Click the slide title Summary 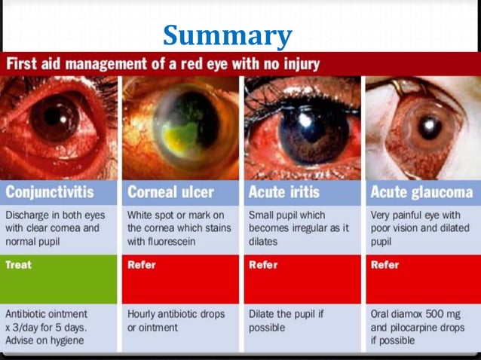click(227, 35)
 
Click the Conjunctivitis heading click(54, 191)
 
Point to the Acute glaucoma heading click(421, 191)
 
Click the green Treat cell click(18, 264)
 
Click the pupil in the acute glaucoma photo click(430, 126)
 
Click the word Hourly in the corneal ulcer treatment click(142, 313)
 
